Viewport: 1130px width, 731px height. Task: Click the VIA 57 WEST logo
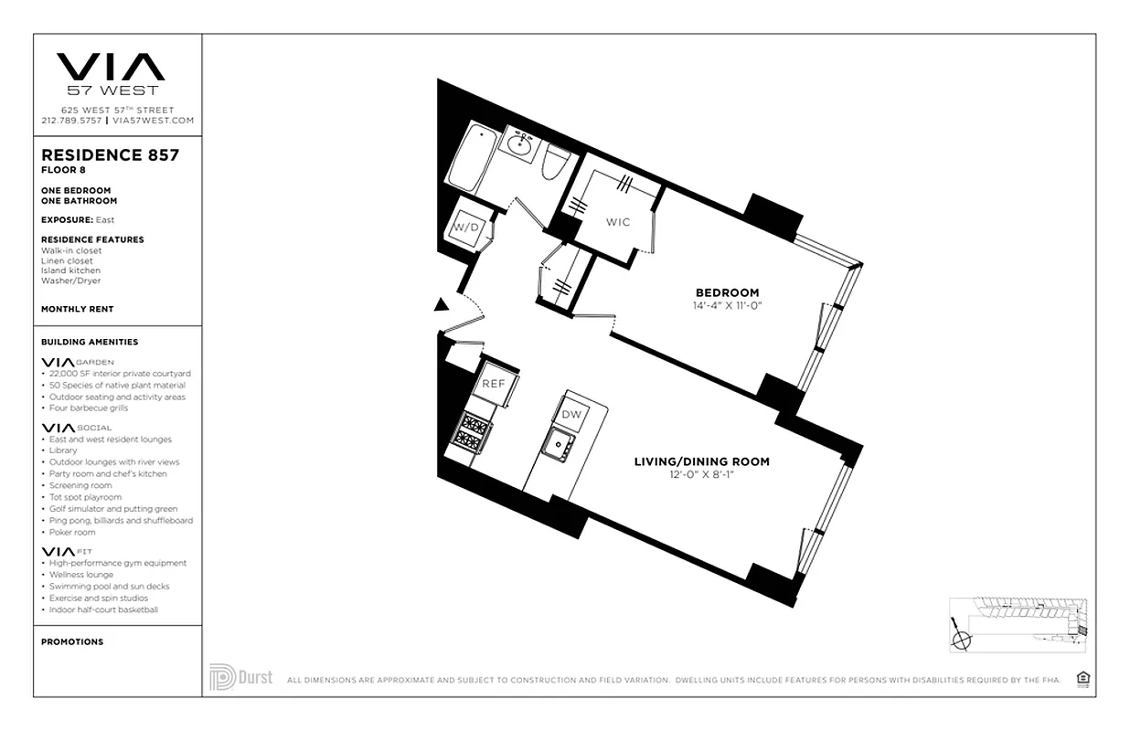[x=111, y=73]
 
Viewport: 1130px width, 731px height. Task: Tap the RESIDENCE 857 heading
[x=110, y=155]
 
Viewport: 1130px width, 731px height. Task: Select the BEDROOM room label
[x=727, y=292]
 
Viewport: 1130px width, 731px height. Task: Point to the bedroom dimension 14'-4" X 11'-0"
[x=727, y=305]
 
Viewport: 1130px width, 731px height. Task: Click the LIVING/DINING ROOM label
[x=701, y=461]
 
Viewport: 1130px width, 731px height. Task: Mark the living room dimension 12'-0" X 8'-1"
[x=701, y=474]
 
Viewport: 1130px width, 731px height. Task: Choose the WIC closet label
[x=618, y=222]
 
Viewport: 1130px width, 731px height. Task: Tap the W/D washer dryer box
[x=467, y=227]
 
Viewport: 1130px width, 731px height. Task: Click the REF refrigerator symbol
[x=494, y=384]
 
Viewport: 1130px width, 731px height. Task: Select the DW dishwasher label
[x=571, y=415]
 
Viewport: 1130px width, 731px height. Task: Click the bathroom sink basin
[x=522, y=143]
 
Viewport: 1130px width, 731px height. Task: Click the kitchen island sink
[x=555, y=445]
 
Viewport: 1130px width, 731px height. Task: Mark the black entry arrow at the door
[x=442, y=306]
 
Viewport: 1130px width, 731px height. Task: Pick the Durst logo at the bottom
[x=241, y=677]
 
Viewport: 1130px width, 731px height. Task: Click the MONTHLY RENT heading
[x=78, y=309]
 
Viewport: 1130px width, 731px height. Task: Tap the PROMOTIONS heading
[x=72, y=641]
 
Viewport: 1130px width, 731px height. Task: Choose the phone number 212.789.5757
[x=71, y=120]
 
